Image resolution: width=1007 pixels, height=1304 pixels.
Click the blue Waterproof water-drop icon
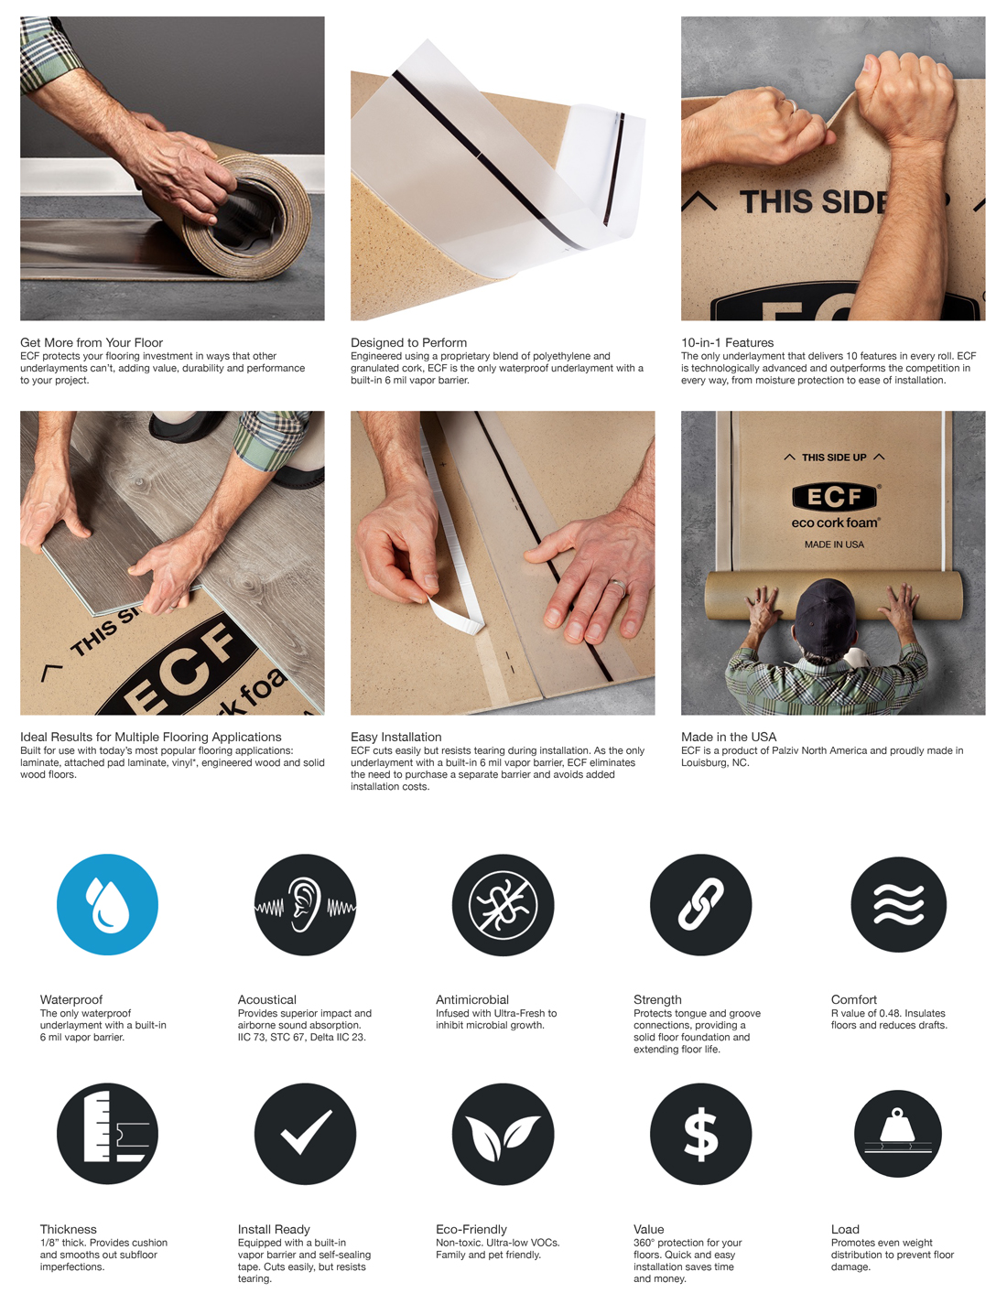click(x=107, y=904)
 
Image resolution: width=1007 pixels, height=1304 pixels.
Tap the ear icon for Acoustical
click(x=305, y=904)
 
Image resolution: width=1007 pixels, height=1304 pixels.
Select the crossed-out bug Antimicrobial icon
click(x=503, y=904)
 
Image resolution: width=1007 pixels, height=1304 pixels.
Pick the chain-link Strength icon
click(x=700, y=904)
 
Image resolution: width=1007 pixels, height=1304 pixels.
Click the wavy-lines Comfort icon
click(x=898, y=904)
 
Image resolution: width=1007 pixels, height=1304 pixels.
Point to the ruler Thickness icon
click(x=107, y=1134)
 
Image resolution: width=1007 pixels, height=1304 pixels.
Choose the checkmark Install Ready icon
click(x=305, y=1134)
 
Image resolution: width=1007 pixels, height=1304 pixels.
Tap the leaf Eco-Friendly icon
click(x=503, y=1134)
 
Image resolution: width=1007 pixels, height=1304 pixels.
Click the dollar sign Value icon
click(x=700, y=1134)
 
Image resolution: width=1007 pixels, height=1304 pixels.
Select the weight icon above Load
click(x=898, y=1134)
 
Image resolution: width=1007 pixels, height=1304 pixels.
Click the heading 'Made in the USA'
click(x=729, y=737)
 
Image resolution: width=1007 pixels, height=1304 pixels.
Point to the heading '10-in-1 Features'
click(x=728, y=342)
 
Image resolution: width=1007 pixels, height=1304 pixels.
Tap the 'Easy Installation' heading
click(x=396, y=737)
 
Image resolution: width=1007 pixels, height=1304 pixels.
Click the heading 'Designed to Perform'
click(x=408, y=342)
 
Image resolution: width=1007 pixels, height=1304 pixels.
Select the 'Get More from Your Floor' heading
click(x=92, y=342)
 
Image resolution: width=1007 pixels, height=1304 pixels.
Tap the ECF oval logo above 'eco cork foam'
click(x=834, y=497)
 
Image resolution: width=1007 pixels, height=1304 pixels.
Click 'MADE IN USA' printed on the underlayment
click(x=834, y=544)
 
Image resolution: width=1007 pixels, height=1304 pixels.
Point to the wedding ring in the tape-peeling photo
click(x=618, y=587)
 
